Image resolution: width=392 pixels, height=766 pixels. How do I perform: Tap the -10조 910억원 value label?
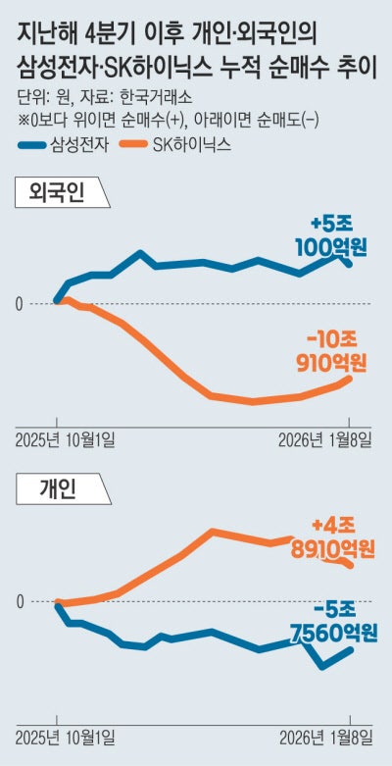(x=330, y=351)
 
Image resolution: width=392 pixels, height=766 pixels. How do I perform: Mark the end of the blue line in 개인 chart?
(x=351, y=649)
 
